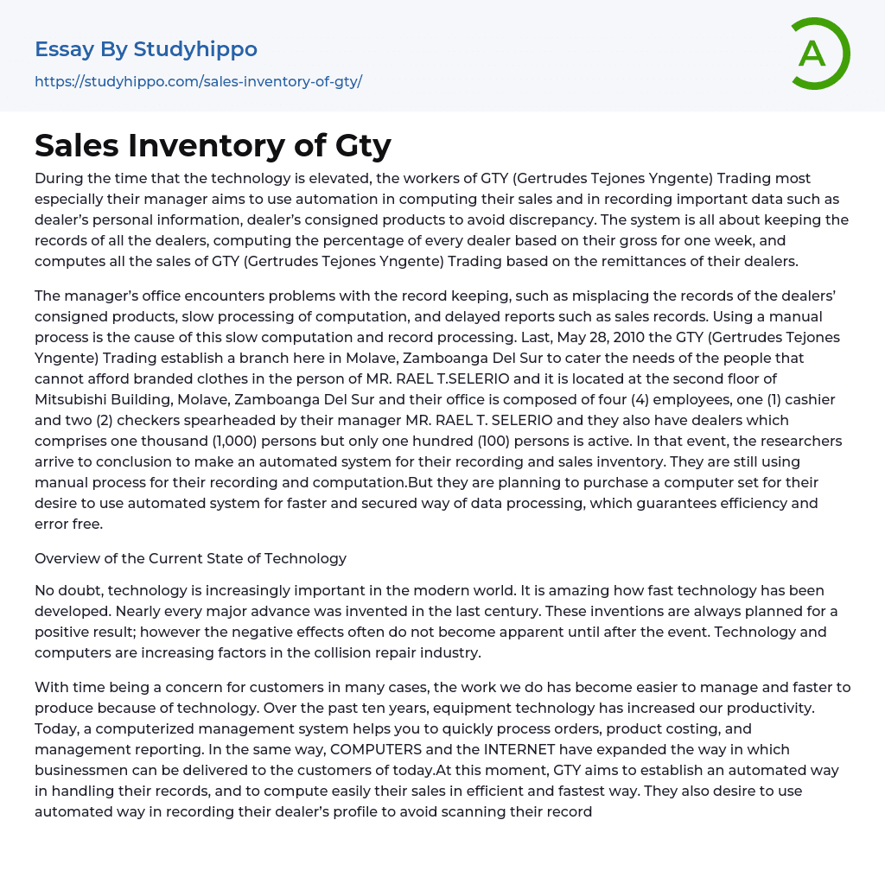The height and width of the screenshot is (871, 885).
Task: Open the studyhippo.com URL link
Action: point(198,81)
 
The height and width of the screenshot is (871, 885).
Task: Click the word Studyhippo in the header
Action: point(195,49)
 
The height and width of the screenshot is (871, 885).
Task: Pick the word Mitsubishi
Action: point(79,399)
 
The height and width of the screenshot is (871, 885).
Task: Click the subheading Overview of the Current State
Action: point(190,558)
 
